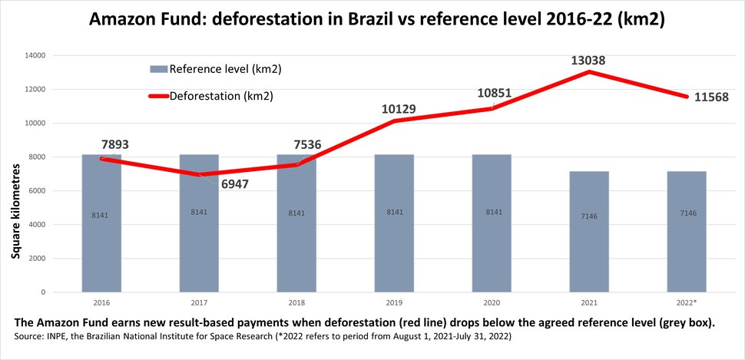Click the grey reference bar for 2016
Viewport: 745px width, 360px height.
pos(102,230)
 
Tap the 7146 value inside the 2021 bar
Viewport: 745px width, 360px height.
pos(588,216)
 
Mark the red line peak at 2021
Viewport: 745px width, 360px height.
pos(588,72)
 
